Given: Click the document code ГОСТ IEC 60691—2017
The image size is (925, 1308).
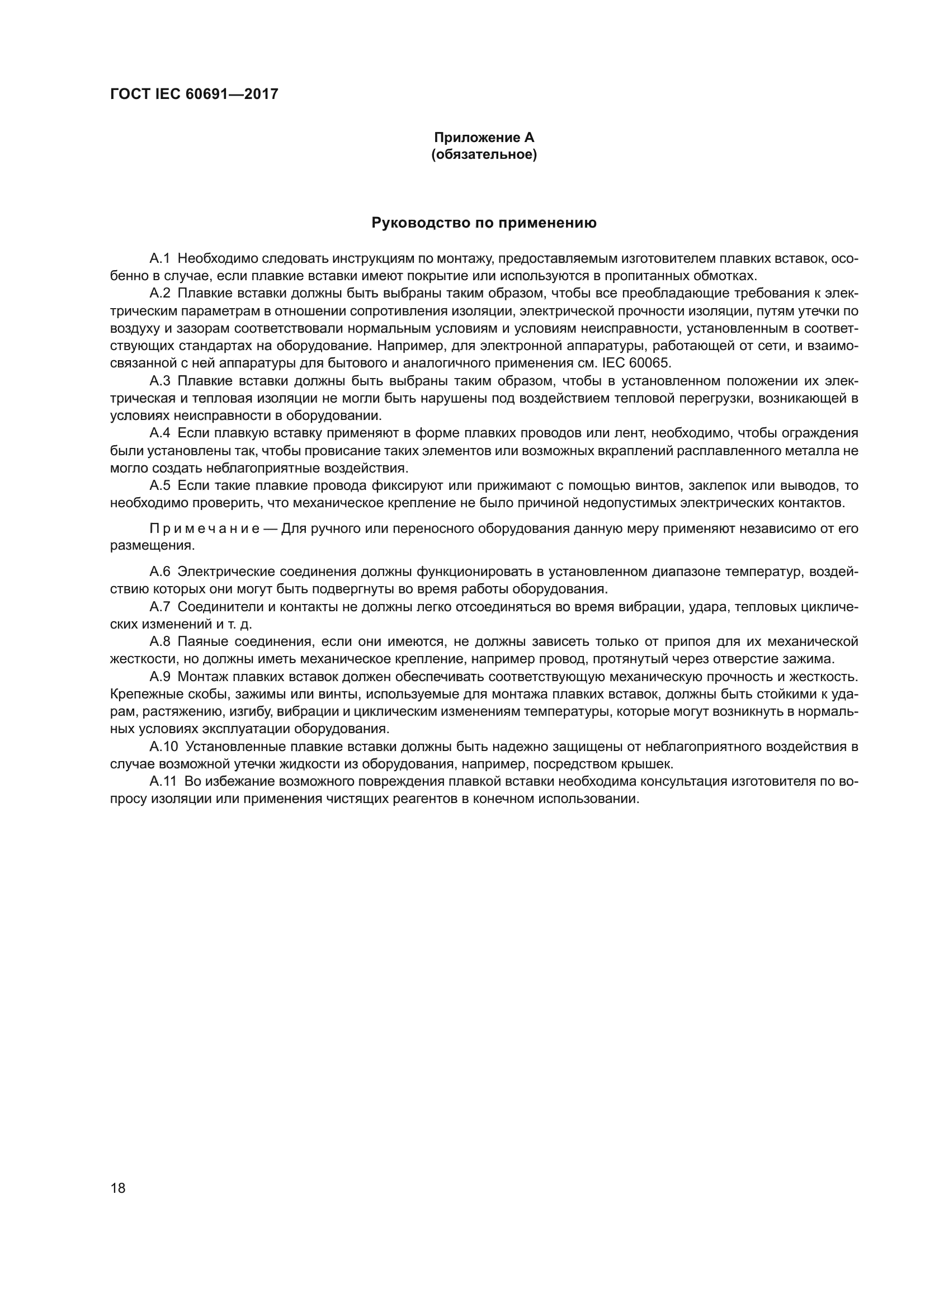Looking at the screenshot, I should point(194,94).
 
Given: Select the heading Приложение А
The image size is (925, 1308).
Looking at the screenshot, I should point(484,138).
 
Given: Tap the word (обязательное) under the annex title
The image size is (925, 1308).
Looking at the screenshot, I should point(484,154).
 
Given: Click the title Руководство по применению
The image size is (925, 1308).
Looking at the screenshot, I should point(484,223).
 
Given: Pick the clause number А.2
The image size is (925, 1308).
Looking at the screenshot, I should point(159,294).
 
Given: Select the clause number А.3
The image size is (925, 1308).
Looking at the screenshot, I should point(159,381).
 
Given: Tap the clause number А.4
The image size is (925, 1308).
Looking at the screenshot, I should point(159,433).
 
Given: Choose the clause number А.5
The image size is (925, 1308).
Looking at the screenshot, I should point(159,485).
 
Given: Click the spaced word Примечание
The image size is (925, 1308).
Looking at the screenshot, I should point(205,528).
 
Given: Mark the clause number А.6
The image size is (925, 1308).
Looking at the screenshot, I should point(159,572).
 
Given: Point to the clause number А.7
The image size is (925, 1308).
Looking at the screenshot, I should point(159,607).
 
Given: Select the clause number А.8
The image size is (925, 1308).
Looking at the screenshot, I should point(159,641).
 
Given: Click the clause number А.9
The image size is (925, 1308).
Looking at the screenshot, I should point(159,677).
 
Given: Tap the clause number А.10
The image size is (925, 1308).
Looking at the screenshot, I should point(163,747).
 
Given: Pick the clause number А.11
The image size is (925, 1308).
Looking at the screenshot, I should point(163,781).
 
